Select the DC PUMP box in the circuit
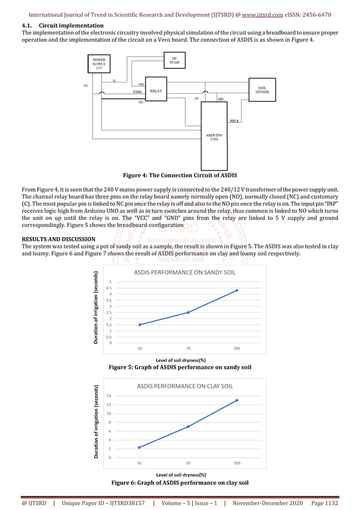[174, 60]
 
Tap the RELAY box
[156, 90]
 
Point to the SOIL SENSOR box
[262, 89]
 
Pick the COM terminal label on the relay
[137, 91]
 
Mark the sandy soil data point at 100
[236, 290]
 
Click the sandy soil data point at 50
[139, 325]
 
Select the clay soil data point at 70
[188, 426]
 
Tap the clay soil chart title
[185, 386]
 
